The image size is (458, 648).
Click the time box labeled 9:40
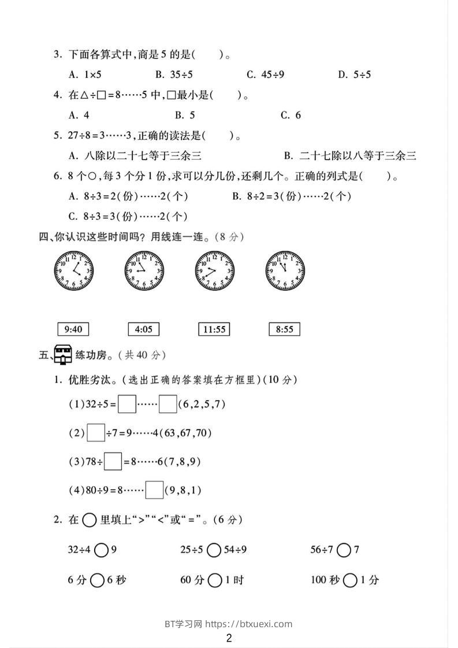pos(73,329)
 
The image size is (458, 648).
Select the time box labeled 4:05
pos(143,329)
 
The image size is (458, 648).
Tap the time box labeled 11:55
pos(213,329)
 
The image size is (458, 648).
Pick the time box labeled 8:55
pos(284,329)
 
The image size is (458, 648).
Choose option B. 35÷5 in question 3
pos(173,74)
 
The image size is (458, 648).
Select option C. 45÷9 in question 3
pos(265,74)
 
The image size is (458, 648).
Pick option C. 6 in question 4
pos(291,115)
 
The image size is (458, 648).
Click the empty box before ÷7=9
pos(96,432)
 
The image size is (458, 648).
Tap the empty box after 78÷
pos(113,461)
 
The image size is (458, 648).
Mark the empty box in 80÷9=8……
pos(154,490)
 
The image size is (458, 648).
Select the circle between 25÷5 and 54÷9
pos(214,550)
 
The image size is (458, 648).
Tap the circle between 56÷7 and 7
pos(344,550)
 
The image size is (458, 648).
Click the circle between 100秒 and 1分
pos(349,580)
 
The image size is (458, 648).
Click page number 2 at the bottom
pos(229,638)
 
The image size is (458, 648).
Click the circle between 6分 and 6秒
pos(97,580)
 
